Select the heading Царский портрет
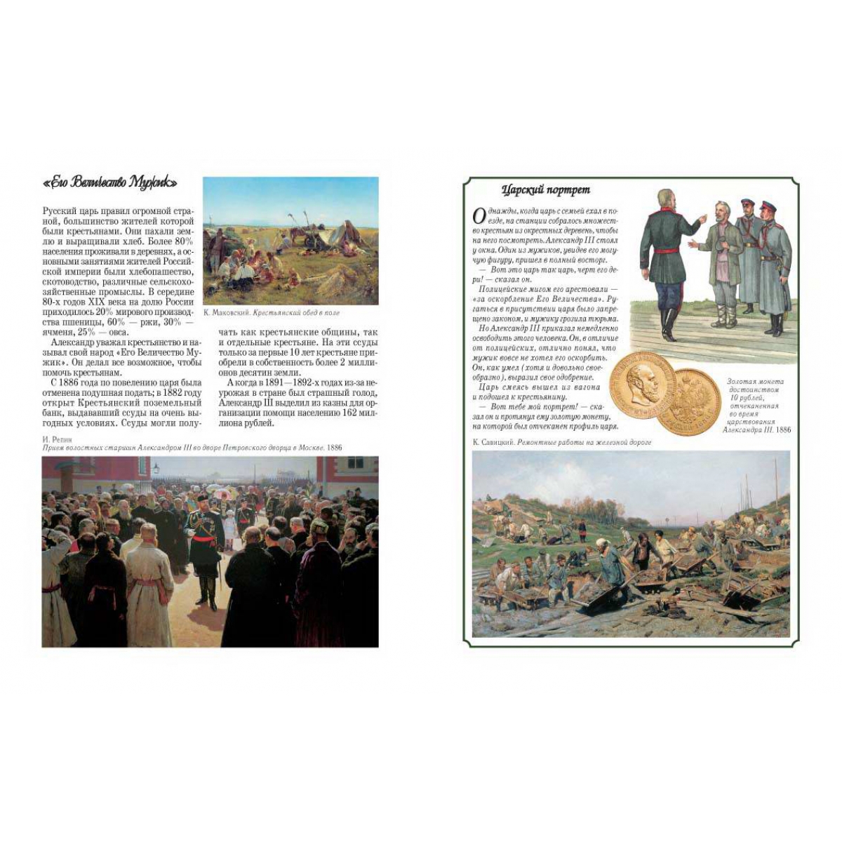pyautogui.click(x=546, y=189)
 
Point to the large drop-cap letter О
pyautogui.click(x=478, y=214)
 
